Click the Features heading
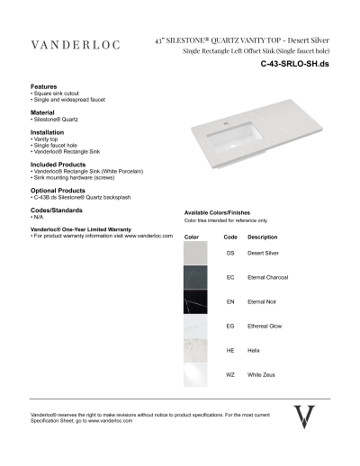[46, 86]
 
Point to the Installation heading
[48, 132]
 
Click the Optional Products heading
[59, 191]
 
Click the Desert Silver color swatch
[196, 254]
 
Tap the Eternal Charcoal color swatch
[196, 277]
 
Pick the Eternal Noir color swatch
[196, 301]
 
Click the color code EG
[230, 325]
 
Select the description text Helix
[255, 348]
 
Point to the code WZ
[230, 372]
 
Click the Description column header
[262, 237]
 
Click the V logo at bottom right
[305, 417]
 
